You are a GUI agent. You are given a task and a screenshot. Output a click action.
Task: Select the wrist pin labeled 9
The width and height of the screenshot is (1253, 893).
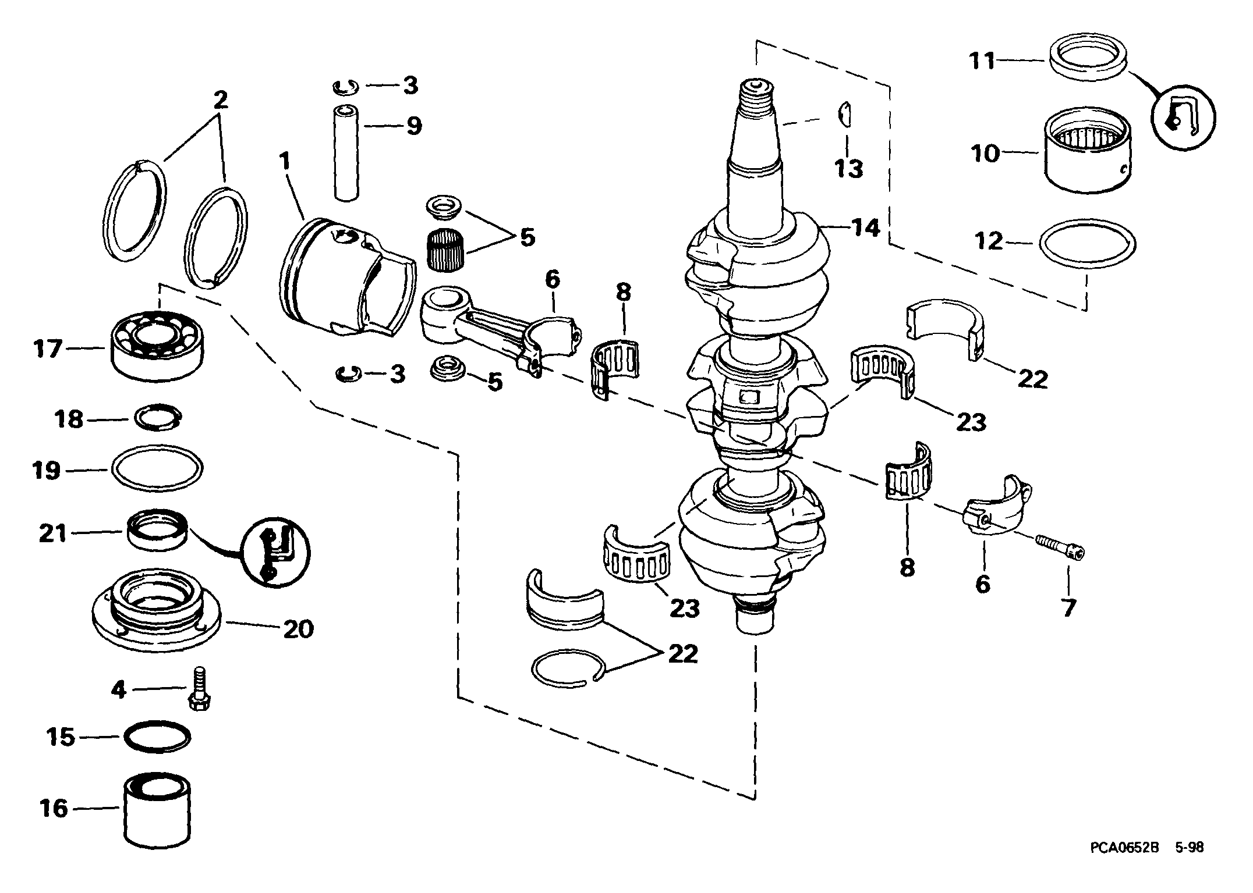tap(345, 153)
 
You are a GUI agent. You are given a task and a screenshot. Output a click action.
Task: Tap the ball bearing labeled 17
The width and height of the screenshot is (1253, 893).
tap(157, 347)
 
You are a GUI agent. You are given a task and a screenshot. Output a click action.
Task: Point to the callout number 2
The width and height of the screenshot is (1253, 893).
tap(220, 100)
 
